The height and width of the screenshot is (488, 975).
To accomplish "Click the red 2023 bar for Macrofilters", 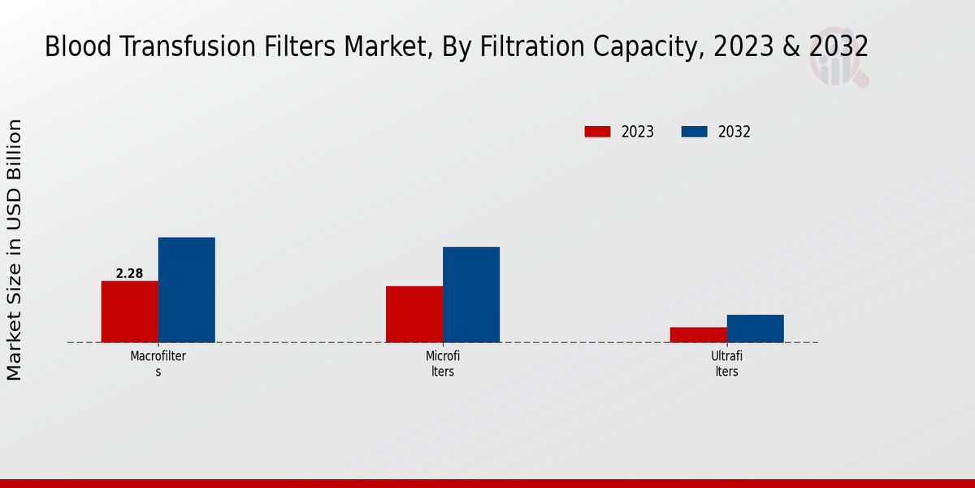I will tap(129, 312).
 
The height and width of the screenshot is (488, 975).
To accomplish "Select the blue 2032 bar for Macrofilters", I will tap(186, 290).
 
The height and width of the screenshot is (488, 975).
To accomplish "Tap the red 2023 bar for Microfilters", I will tap(414, 314).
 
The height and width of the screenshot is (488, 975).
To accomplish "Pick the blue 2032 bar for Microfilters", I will tap(471, 294).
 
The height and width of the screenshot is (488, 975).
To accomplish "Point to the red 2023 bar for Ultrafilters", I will tap(699, 334).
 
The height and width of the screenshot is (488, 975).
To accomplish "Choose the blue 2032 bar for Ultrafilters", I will tap(756, 329).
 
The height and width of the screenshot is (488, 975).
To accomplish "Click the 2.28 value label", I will tap(129, 273).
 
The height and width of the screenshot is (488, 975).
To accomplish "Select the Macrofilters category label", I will tap(158, 364).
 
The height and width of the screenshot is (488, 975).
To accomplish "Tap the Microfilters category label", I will tap(443, 364).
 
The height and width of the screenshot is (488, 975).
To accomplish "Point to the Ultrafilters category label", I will tap(727, 364).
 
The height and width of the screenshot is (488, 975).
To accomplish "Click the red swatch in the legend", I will tap(597, 132).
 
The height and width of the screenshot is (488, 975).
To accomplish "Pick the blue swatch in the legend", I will tap(694, 132).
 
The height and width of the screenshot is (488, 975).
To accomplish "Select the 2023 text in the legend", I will tap(638, 132).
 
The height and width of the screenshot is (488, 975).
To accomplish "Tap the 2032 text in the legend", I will tap(734, 132).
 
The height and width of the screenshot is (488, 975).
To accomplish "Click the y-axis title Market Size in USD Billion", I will tap(15, 250).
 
